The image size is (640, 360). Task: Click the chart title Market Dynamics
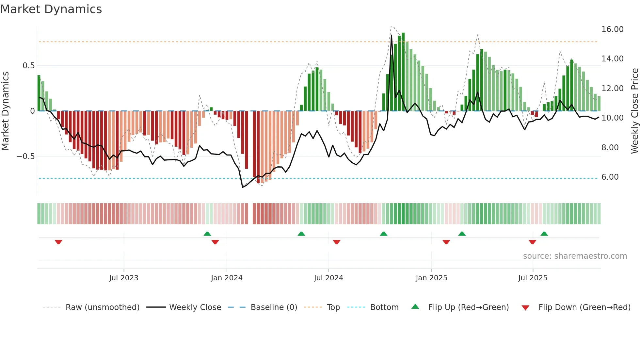(51, 9)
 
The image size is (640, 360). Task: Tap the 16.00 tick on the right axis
(612, 29)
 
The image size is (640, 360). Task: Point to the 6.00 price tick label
(610, 177)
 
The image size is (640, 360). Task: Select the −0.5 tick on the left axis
(26, 156)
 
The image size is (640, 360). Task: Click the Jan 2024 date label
(227, 278)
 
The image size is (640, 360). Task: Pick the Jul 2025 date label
(533, 278)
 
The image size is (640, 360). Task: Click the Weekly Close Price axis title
(634, 111)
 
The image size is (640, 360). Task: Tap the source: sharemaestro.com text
(575, 256)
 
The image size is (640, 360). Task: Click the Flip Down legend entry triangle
(525, 308)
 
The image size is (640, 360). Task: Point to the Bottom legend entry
(384, 307)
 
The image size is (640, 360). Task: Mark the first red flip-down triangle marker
(58, 242)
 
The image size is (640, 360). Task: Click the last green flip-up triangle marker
(544, 234)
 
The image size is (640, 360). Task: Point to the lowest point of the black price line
(243, 187)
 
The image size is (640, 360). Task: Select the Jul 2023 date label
(124, 278)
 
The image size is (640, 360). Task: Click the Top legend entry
(333, 307)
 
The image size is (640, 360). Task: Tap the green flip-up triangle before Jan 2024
(207, 234)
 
